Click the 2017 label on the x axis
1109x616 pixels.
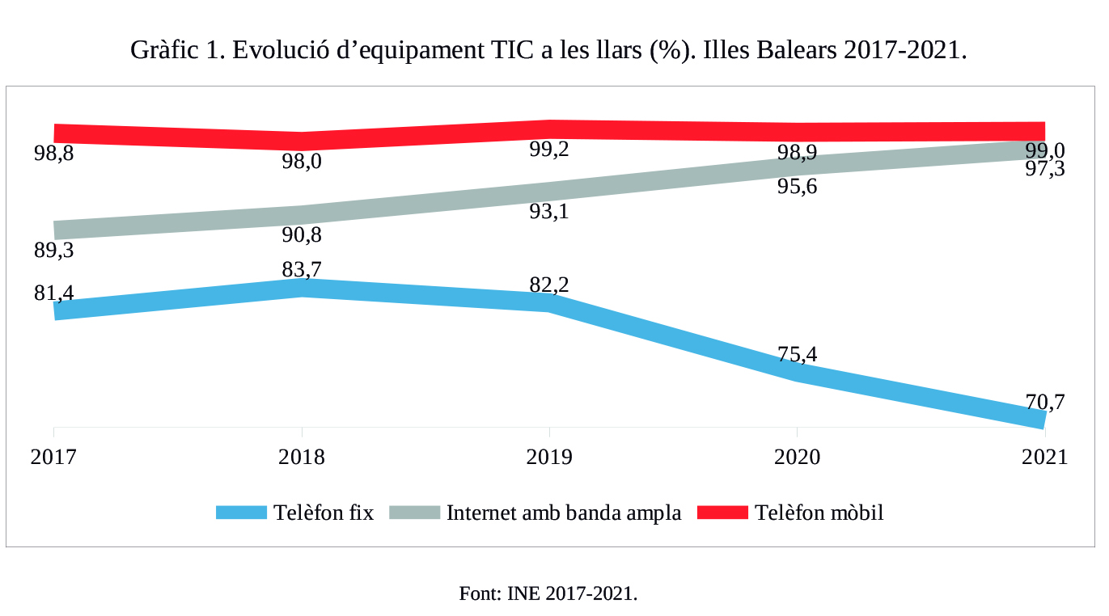click(53, 458)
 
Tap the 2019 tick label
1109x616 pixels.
click(549, 458)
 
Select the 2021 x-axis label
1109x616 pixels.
click(1044, 458)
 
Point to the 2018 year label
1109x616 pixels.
click(302, 458)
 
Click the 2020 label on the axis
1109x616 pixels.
click(797, 458)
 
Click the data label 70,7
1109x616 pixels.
click(1045, 401)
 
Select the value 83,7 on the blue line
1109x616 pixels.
click(302, 269)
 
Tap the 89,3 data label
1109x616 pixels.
click(54, 251)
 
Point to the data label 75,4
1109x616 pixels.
click(797, 354)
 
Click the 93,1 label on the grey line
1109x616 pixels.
click(549, 212)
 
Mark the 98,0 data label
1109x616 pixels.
click(302, 162)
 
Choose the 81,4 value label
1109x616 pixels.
click(54, 293)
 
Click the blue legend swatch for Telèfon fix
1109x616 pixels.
click(241, 513)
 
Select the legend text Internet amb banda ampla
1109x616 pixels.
click(564, 513)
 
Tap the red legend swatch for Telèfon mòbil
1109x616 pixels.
click(722, 513)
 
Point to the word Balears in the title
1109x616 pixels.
click(797, 50)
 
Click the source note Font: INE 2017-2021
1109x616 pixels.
click(548, 593)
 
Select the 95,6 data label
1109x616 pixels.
click(797, 188)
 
